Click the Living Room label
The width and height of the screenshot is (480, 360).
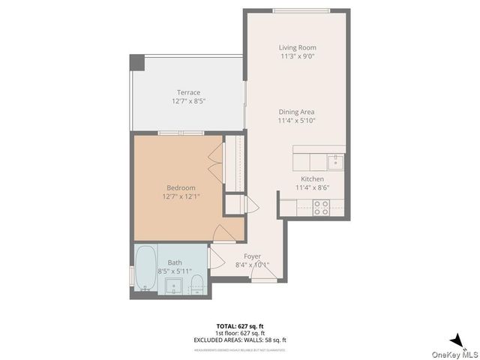click(297, 47)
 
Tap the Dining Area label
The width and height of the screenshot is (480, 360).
click(297, 112)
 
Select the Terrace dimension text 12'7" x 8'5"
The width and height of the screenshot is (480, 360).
click(188, 100)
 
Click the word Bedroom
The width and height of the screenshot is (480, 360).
click(181, 187)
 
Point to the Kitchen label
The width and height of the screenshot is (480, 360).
click(312, 179)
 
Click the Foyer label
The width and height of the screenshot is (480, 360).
click(252, 256)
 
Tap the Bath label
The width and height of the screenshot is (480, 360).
click(175, 262)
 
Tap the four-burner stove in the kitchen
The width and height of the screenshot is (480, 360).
click(322, 208)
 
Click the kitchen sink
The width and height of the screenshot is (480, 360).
click(336, 160)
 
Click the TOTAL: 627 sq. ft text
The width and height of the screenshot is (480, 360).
click(240, 326)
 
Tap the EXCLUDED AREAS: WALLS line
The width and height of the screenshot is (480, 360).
click(240, 340)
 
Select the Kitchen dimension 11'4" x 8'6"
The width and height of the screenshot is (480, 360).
click(312, 187)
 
